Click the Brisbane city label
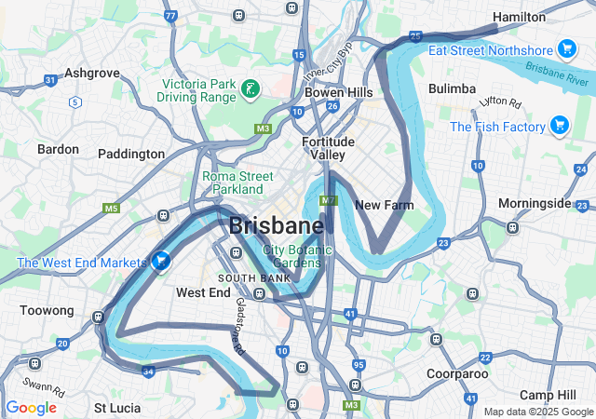277,226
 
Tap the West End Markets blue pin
161,263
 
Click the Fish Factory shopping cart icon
559,126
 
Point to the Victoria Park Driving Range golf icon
250,89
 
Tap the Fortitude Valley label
329,148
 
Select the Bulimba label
452,88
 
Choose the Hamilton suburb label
519,17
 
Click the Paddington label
131,154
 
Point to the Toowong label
47,310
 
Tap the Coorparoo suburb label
457,373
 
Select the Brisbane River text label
557,74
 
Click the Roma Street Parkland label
238,182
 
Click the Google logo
31,408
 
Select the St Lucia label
117,408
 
